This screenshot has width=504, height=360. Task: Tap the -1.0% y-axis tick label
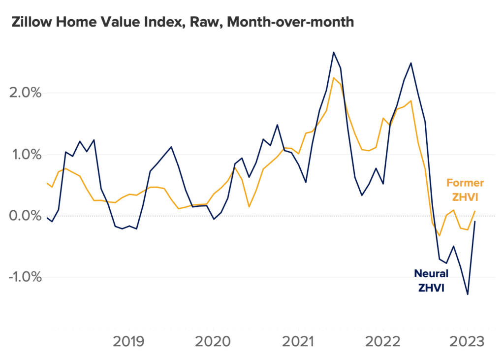point(23,277)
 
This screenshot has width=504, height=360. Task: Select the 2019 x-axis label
point(129,341)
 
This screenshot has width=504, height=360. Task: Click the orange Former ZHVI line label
point(465,190)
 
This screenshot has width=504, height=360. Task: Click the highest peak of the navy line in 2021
point(333,52)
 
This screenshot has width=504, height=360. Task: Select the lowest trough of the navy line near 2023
point(467,295)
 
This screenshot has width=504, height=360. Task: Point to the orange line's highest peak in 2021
point(333,78)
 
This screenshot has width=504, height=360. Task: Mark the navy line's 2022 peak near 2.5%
point(411,63)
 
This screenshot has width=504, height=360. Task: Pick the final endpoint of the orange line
point(475,211)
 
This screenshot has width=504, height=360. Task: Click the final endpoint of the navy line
point(475,222)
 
